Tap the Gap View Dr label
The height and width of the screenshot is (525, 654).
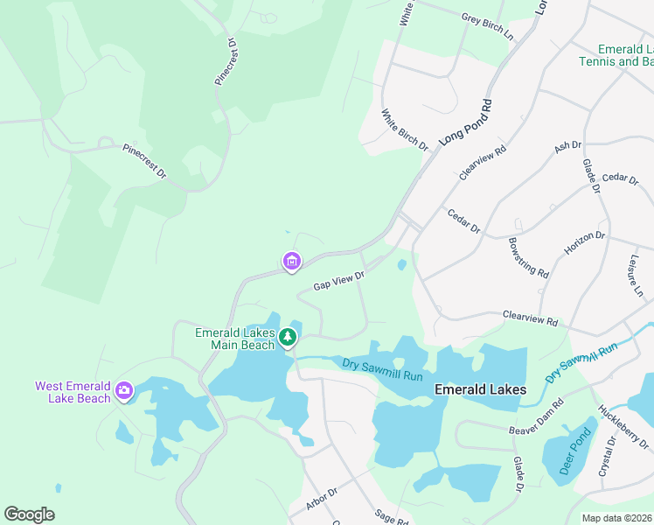(x=338, y=281)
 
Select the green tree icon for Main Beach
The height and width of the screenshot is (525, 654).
(x=288, y=337)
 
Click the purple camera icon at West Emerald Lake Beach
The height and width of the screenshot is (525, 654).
(x=124, y=390)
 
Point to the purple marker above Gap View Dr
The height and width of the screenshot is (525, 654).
(x=291, y=261)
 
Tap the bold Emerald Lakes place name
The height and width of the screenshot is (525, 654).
(x=480, y=389)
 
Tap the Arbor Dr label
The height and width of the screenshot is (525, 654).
(x=322, y=499)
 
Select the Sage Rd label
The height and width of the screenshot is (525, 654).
(x=390, y=518)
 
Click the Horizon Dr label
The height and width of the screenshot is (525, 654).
(x=584, y=243)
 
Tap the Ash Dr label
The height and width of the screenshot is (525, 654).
(x=567, y=147)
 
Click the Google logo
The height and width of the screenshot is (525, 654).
(x=29, y=514)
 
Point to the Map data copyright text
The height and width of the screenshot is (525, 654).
(x=616, y=518)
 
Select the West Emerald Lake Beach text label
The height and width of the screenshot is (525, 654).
(x=73, y=392)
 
